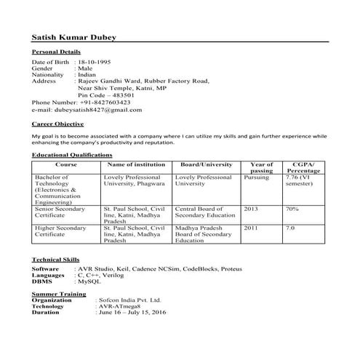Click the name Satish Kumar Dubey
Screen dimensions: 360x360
tap(73, 38)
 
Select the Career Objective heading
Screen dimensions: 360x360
tap(58, 124)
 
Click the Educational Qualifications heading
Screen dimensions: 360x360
tap(72, 156)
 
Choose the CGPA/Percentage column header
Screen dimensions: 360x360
tap(303, 167)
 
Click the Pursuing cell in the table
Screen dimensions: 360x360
tap(256, 177)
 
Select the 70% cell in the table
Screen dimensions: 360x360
tap(292, 208)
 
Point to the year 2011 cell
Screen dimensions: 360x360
tap(251, 228)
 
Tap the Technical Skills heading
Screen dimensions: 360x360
tap(56, 260)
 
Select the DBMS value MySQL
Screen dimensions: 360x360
tap(88, 281)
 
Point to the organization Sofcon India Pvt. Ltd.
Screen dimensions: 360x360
tap(128, 299)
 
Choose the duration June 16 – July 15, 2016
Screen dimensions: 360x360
tap(132, 312)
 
